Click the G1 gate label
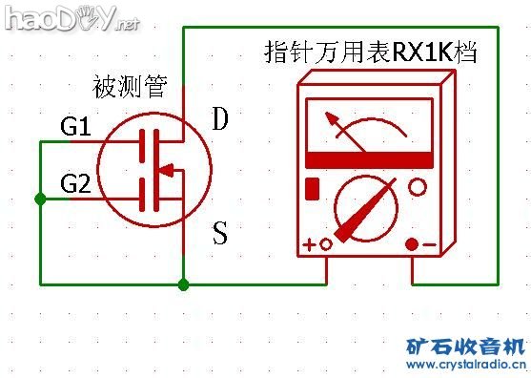76,126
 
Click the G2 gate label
76,181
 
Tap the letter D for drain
220,119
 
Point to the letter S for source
220,233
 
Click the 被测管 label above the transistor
130,89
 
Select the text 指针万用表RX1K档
370,52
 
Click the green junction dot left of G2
39,199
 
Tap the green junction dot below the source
184,283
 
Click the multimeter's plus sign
310,244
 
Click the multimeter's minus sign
430,244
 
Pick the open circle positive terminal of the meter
326,244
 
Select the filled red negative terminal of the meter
412,244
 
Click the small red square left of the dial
312,186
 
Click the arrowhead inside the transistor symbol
165,172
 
